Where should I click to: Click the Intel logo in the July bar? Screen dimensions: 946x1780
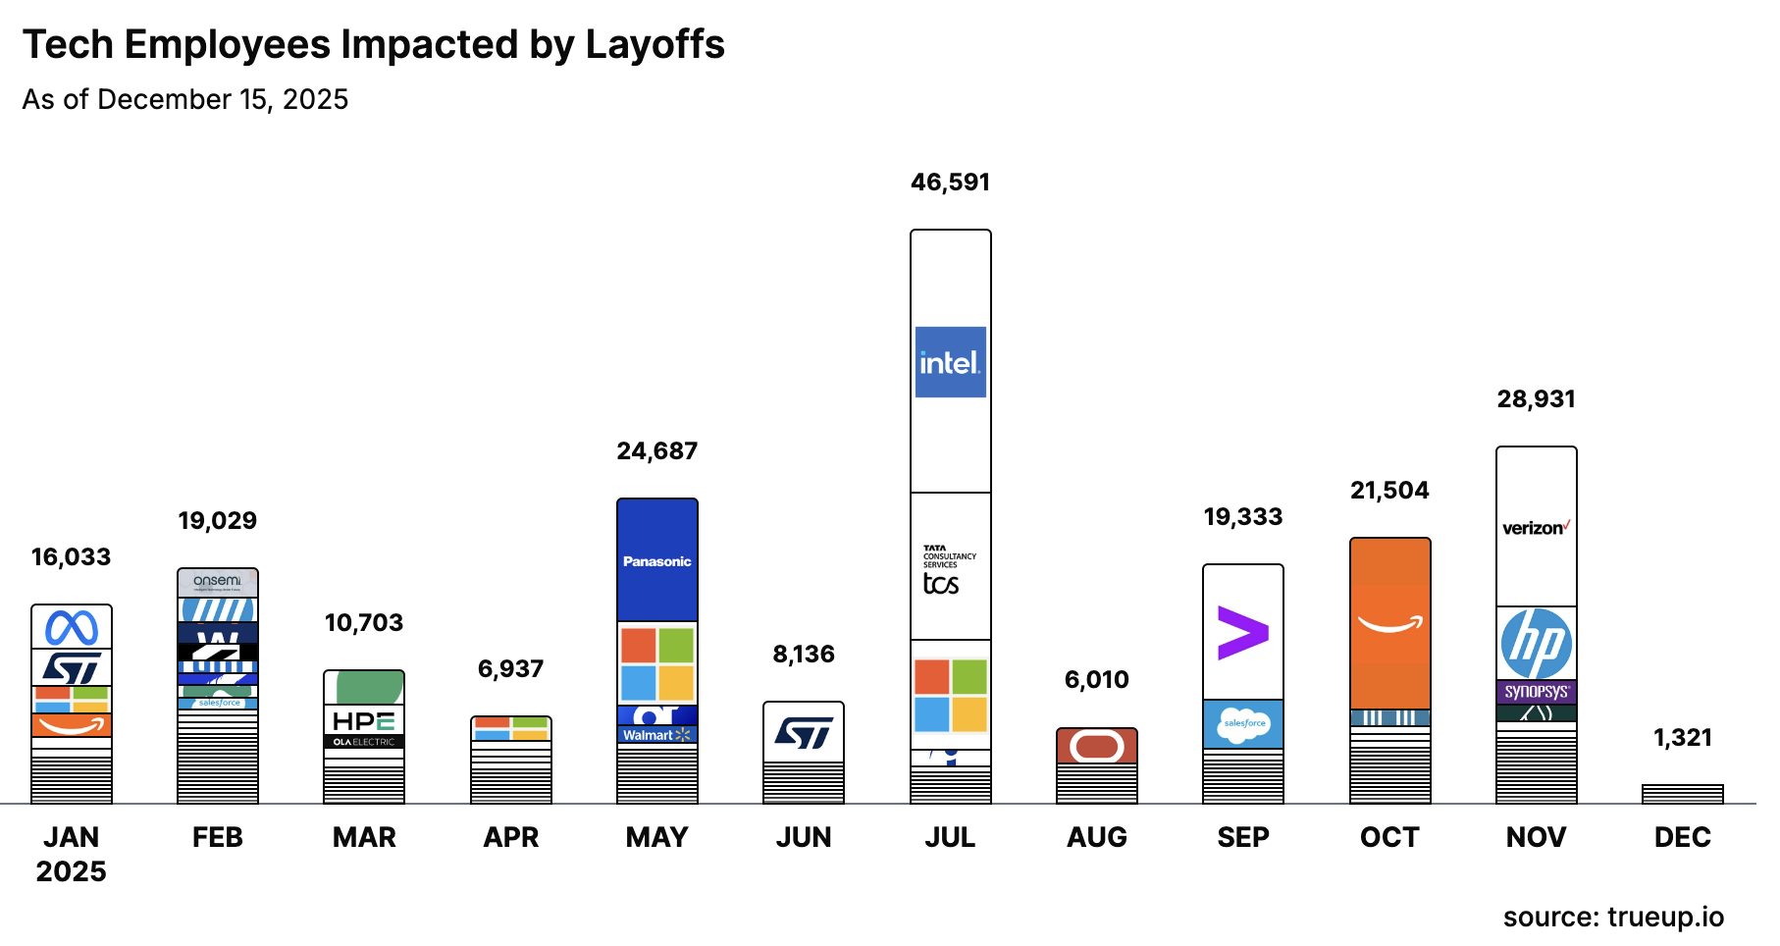[x=950, y=362]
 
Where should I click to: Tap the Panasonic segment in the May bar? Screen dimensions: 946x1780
[x=656, y=560]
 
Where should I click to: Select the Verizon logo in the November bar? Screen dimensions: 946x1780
[x=1536, y=528]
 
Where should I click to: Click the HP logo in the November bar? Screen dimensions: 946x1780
[x=1536, y=644]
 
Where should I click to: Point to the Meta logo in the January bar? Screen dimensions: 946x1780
[x=72, y=628]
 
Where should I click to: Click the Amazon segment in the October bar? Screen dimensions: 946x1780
[x=1389, y=623]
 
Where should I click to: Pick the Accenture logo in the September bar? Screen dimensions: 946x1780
[x=1242, y=632]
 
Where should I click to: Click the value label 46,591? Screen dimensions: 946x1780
[x=950, y=183]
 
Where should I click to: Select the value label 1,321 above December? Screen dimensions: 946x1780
[x=1682, y=738]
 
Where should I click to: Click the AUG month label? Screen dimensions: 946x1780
[x=1096, y=837]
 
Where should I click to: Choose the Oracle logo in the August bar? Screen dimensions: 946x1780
[x=1096, y=746]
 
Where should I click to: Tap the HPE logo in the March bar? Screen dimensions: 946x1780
[x=363, y=721]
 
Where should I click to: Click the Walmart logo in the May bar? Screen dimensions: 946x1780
[x=656, y=735]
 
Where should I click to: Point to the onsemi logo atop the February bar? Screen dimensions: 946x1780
[x=217, y=581]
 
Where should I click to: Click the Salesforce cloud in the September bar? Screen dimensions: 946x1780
[x=1243, y=724]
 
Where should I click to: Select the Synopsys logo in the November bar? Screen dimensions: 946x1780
[x=1536, y=692]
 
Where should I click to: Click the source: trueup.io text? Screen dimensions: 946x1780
[x=1612, y=917]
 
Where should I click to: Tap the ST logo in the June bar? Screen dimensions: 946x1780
[x=803, y=732]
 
